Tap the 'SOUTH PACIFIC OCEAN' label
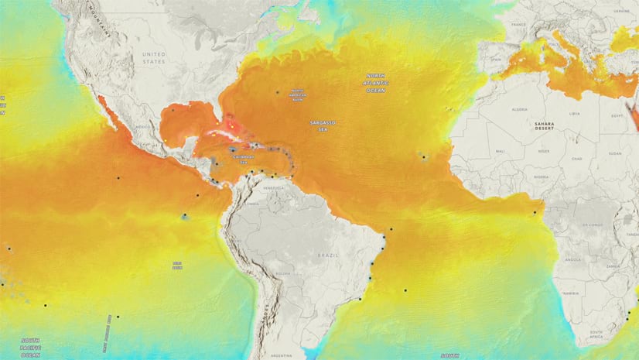[31, 343]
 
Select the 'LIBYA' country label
[574, 114]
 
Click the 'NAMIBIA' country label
[571, 293]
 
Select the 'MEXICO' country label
[142, 125]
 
